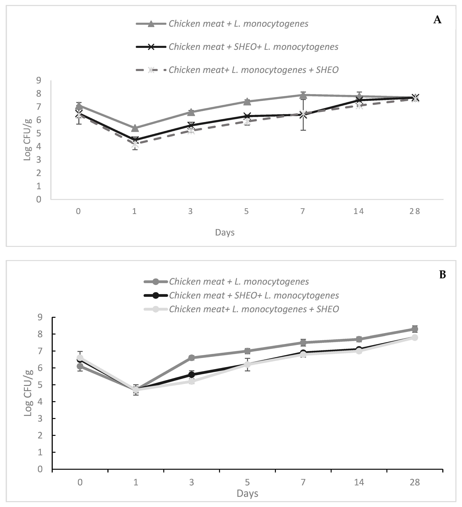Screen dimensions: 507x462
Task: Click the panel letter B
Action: (442, 275)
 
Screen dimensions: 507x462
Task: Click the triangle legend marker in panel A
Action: (151, 24)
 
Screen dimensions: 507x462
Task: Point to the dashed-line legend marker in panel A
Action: (151, 70)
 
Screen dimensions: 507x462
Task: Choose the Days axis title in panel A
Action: (225, 232)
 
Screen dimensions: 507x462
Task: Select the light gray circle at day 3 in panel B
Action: (192, 381)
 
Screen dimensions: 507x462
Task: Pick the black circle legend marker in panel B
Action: (156, 295)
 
